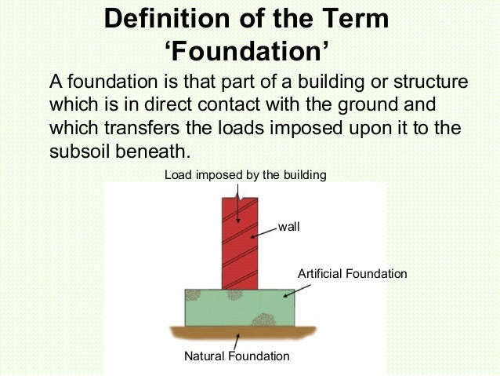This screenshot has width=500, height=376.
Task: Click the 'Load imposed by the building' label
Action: coord(245,174)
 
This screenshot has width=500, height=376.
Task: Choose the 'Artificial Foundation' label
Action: coord(353,274)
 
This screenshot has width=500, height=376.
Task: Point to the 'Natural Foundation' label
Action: coord(236,356)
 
